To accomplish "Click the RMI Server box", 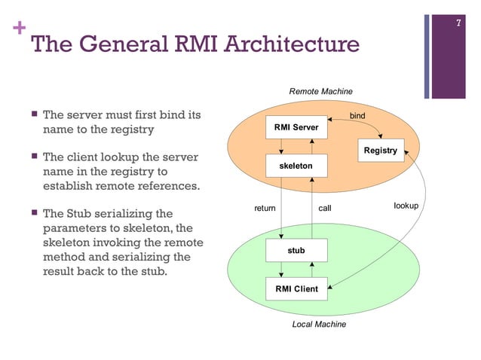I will (296, 127).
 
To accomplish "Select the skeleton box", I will (296, 163).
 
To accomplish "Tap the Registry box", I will (380, 151).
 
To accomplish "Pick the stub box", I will (296, 250).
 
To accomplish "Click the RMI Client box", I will (296, 289).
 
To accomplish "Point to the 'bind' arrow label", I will (357, 117).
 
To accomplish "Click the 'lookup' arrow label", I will (406, 205).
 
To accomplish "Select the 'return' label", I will (264, 208).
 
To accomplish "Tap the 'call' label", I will (324, 208).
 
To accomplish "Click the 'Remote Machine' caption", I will (320, 91).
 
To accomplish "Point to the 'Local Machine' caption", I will (319, 324).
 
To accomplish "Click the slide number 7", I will (458, 25).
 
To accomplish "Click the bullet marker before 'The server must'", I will (33, 117).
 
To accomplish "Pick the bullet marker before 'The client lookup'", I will (33, 158).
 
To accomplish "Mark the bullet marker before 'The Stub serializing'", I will (33, 215).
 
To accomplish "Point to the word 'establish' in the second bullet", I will (68, 186).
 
